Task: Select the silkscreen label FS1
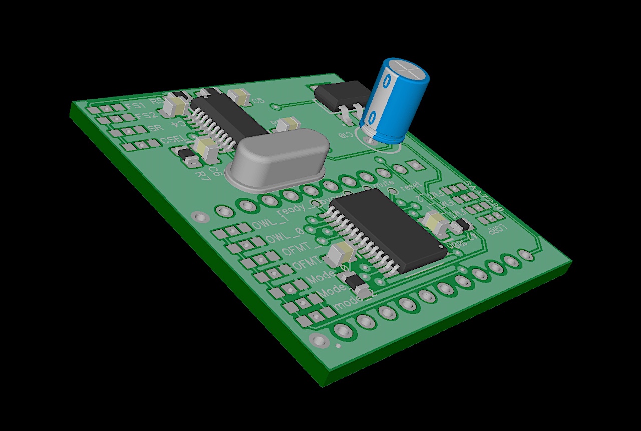pos(135,106)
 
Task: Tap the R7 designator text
pos(202,175)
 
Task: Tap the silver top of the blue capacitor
pos(410,70)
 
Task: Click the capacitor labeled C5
pos(239,96)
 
